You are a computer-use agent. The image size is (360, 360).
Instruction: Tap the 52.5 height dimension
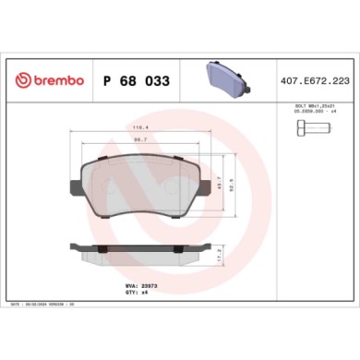235,185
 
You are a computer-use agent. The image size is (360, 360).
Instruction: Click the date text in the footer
46,304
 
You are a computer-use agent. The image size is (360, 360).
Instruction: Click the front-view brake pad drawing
142,185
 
